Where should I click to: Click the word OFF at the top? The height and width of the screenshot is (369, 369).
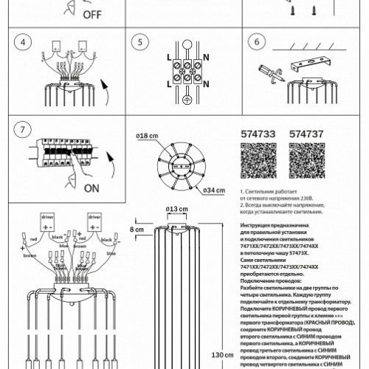tap(92, 14)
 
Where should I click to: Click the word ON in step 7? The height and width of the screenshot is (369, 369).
tap(92, 188)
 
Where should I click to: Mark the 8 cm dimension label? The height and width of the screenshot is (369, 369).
tap(136, 230)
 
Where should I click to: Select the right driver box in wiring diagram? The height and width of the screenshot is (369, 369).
tap(94, 219)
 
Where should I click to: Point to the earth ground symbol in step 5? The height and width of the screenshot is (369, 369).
tap(187, 100)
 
